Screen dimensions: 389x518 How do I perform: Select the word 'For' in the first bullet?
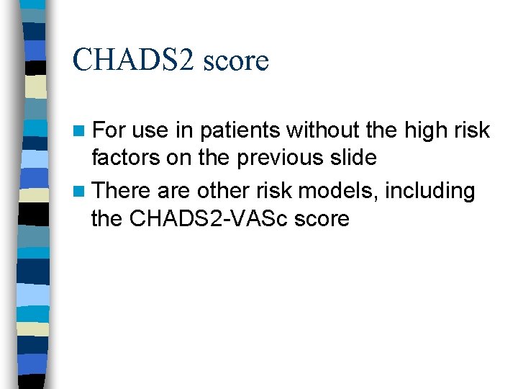coord(109,130)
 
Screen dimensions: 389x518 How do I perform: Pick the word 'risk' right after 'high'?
coord(474,130)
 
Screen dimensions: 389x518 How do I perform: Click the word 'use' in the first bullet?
coord(150,131)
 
